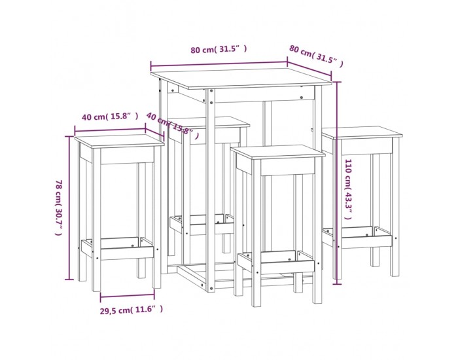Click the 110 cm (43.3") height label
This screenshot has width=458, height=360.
coord(348,189)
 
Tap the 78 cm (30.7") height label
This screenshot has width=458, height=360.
coord(59,207)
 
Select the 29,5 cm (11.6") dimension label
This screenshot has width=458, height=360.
coord(132,310)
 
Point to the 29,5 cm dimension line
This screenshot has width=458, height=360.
coord(128,297)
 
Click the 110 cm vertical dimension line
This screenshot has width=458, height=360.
coord(338,183)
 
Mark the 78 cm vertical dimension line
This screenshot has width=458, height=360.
coord(69,207)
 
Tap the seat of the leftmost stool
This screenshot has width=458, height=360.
coord(120,141)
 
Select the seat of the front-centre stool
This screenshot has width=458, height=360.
coord(278,152)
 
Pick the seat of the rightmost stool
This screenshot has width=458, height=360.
coord(362,132)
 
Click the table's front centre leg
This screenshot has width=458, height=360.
coord(210,190)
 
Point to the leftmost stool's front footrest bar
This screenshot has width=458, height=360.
coord(127,254)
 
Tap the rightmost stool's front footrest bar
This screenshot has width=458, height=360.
coord(366,242)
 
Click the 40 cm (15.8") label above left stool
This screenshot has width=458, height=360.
coord(110,117)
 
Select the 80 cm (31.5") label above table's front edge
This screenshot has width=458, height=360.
coord(219,49)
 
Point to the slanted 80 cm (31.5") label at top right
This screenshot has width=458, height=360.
coord(316,56)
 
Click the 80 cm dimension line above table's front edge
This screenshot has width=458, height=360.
coord(219,64)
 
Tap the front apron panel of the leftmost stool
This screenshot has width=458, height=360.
coord(127,155)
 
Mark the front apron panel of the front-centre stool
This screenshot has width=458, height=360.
coord(288,166)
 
